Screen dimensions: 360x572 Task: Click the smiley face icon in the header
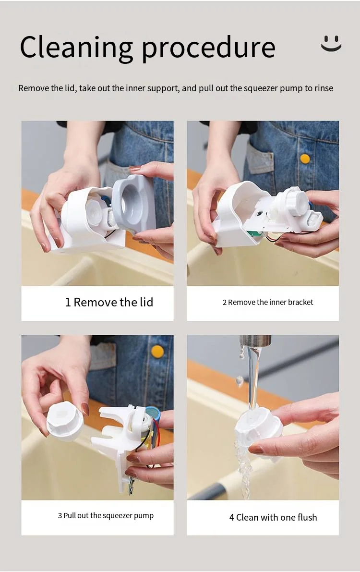331,43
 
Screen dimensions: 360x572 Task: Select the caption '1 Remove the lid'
109,302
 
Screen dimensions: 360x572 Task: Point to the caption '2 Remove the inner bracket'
268,302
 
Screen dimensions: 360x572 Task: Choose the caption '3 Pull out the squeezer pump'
106,515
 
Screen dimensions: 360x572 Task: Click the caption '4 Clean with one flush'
273,517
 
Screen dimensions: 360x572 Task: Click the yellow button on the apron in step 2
305,158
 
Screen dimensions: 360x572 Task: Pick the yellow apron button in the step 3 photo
157,352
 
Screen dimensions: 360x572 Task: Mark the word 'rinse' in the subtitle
324,88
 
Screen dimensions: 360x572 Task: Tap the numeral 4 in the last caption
232,517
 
